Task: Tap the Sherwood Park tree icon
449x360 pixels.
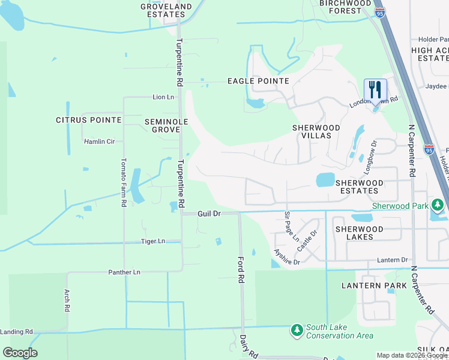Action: pyautogui.click(x=438, y=205)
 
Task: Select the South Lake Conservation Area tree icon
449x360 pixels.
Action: pyautogui.click(x=297, y=330)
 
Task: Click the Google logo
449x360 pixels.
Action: pyautogui.click(x=20, y=353)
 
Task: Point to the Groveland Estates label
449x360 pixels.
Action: pyautogui.click(x=167, y=10)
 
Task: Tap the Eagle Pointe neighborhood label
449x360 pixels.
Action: pyautogui.click(x=258, y=81)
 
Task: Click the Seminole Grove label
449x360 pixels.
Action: pyautogui.click(x=166, y=125)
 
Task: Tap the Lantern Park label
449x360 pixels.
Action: pyautogui.click(x=369, y=286)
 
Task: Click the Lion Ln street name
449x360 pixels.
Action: pyautogui.click(x=163, y=97)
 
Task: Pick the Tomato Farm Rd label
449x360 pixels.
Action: pyautogui.click(x=124, y=183)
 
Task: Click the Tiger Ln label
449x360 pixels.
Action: pyautogui.click(x=152, y=241)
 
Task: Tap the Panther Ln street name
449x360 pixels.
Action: pyautogui.click(x=124, y=272)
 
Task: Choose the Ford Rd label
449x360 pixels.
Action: pyautogui.click(x=240, y=270)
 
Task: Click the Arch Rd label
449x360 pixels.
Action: pyautogui.click(x=67, y=301)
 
